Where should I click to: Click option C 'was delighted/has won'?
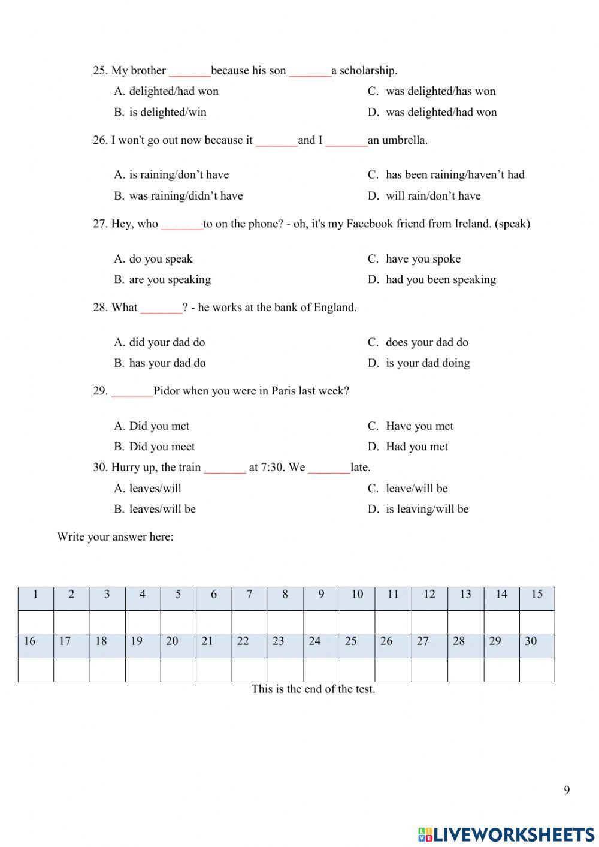pyautogui.click(x=440, y=91)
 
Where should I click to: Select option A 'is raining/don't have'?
pyautogui.click(x=179, y=174)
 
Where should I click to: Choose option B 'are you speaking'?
pyautogui.click(x=170, y=279)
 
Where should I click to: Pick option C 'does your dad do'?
pyautogui.click(x=426, y=342)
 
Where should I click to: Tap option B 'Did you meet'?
pyautogui.click(x=162, y=447)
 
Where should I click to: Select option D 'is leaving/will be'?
pyautogui.click(x=427, y=509)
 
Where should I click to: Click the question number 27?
pyautogui.click(x=99, y=224)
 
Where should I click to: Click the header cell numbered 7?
pyautogui.click(x=249, y=595)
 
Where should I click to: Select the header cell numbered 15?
pyautogui.click(x=537, y=595)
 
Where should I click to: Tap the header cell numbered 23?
pyautogui.click(x=279, y=641)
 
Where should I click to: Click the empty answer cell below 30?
pyautogui.click(x=537, y=670)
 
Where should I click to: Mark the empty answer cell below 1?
pyautogui.click(x=36, y=622)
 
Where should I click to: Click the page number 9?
pyautogui.click(x=567, y=790)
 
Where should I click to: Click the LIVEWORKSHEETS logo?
pyautogui.click(x=506, y=834)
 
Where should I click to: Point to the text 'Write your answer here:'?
pyautogui.click(x=115, y=536)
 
